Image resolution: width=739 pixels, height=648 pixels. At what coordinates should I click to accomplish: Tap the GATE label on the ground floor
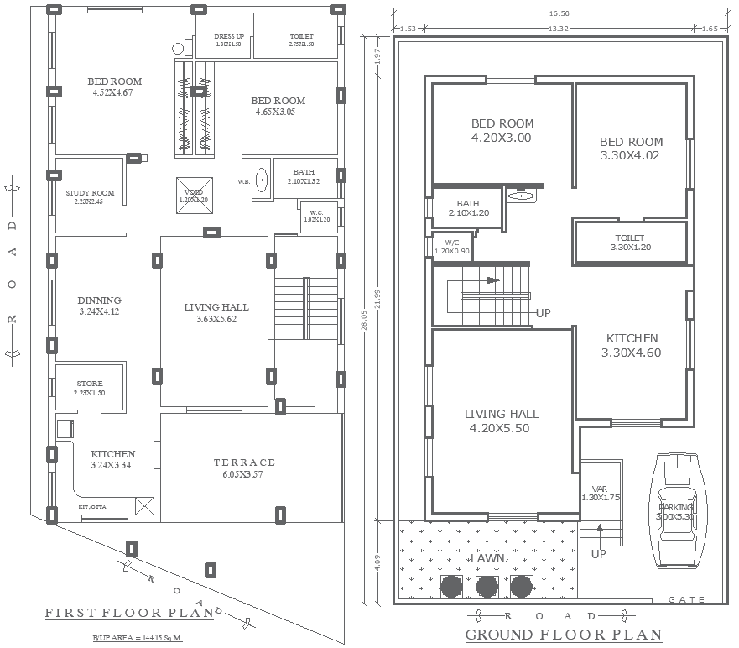tap(686, 599)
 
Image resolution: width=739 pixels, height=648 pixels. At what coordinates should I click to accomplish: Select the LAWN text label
tap(487, 558)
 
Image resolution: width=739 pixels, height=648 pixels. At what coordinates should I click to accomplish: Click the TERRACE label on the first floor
tap(243, 462)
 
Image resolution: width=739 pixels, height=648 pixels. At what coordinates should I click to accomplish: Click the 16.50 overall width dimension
tap(559, 13)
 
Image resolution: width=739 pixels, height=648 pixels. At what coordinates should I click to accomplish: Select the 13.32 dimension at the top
tap(559, 29)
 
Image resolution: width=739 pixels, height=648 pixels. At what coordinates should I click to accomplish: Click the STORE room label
tap(89, 388)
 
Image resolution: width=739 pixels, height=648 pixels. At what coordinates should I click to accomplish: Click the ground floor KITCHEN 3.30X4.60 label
tap(631, 345)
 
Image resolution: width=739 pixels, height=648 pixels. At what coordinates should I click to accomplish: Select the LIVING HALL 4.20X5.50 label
tap(502, 421)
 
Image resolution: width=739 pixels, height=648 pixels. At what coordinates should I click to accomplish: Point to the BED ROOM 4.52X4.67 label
tap(114, 86)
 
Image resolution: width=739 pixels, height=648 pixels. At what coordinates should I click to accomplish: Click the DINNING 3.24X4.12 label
tap(99, 306)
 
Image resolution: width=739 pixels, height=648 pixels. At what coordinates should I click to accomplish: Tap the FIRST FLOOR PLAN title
tap(129, 614)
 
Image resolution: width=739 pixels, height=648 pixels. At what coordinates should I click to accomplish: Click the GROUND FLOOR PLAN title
tap(563, 635)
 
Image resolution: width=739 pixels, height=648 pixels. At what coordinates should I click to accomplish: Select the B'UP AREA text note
tap(137, 639)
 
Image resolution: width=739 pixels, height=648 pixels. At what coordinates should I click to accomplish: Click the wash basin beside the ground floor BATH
tap(521, 196)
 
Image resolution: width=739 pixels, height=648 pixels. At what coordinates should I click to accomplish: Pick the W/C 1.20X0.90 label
tap(451, 247)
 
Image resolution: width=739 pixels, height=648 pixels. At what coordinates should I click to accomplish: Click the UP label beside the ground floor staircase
tap(544, 313)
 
